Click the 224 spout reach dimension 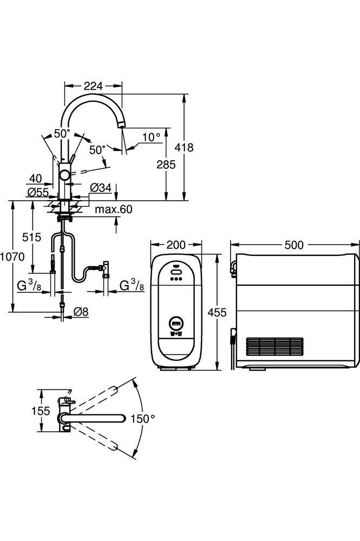point(93,86)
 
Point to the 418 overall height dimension point(184,147)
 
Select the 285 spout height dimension point(166,164)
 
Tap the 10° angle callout point(151,137)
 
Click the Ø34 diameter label point(101,188)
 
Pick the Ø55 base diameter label point(38,192)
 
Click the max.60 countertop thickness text point(114,209)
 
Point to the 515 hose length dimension point(31,237)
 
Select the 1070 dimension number point(12,256)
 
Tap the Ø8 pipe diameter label point(81,312)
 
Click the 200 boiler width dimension point(176,245)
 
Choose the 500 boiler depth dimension point(294,245)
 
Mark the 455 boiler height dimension point(217,313)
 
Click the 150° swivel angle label point(143,419)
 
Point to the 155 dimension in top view point(41,411)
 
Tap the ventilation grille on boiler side point(275,347)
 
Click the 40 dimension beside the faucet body point(36,179)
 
